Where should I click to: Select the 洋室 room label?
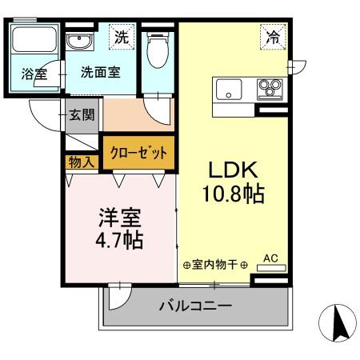tap(121, 217)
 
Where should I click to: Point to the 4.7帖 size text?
tap(121, 240)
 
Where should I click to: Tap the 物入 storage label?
tap(82, 162)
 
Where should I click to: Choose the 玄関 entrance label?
tap(81, 114)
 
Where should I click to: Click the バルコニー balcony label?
tap(194, 306)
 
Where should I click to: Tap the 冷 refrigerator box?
tap(274, 36)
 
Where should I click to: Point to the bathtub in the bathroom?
tap(34, 39)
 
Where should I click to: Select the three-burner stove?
tap(268, 88)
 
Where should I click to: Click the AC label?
tap(270, 258)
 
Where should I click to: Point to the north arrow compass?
tap(337, 324)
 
